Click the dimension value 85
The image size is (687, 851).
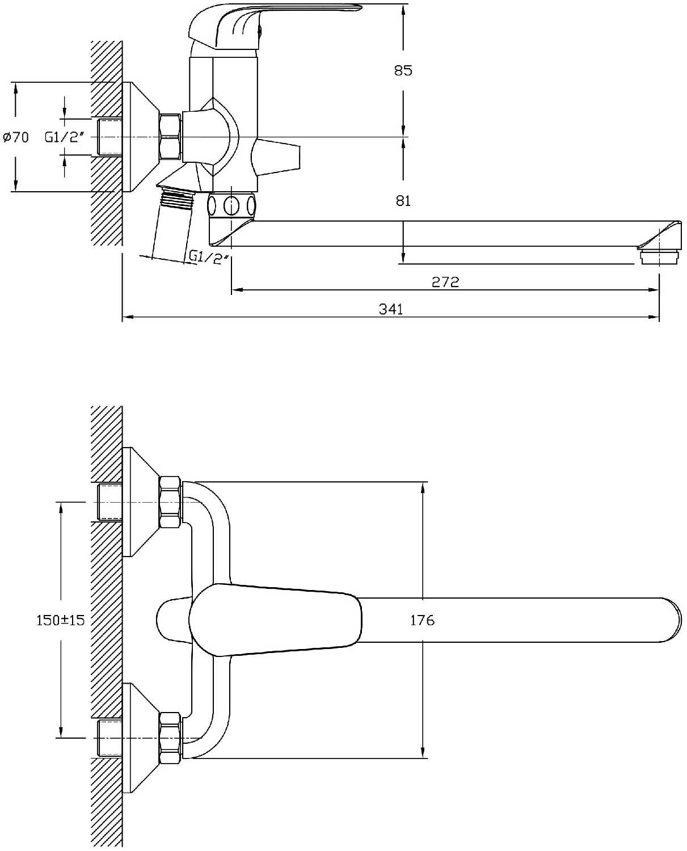[x=403, y=71]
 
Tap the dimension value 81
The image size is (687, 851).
[x=403, y=201]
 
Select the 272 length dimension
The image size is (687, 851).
[x=445, y=282]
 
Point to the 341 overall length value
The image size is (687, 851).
[x=391, y=309]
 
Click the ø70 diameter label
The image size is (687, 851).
[x=16, y=137]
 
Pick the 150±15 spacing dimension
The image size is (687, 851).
[x=60, y=620]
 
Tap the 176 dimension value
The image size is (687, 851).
[x=422, y=621]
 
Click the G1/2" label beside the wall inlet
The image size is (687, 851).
[x=65, y=137]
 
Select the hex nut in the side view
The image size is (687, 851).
[x=170, y=137]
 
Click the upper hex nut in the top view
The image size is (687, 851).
[x=170, y=503]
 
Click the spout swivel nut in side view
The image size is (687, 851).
[x=231, y=205]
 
